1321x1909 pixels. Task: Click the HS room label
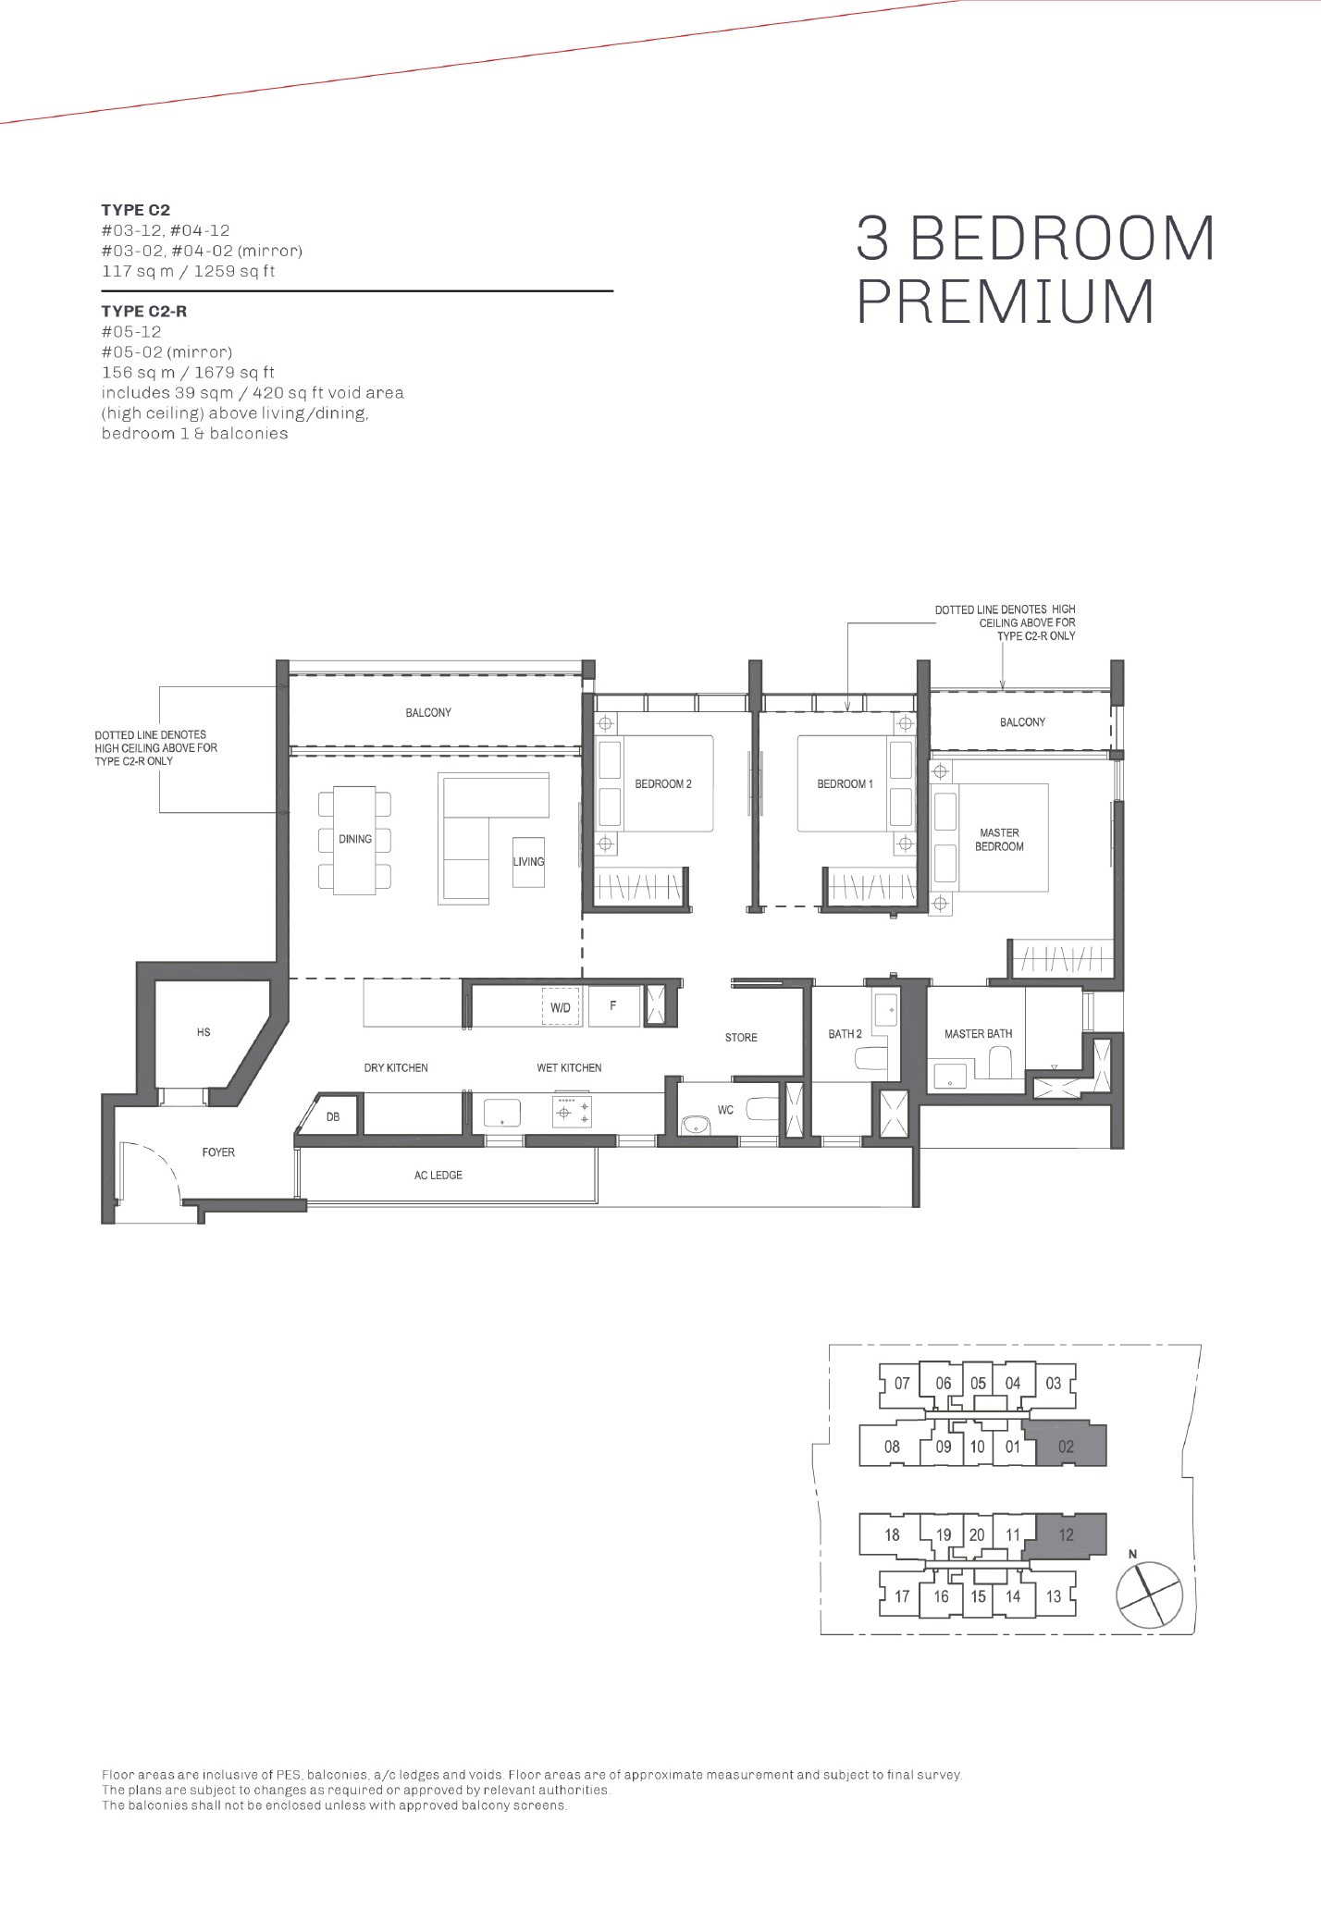click(204, 1032)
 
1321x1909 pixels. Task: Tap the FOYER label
click(218, 1152)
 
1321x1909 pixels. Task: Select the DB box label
click(333, 1117)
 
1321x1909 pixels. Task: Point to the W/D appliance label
click(561, 1008)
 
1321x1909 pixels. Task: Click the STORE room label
click(741, 1038)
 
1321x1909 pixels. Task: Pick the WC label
click(725, 1110)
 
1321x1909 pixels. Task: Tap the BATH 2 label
click(845, 1034)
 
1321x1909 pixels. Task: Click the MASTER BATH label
click(978, 1034)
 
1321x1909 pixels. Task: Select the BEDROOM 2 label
click(663, 784)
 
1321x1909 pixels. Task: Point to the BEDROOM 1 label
click(845, 784)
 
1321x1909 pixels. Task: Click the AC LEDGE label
click(438, 1176)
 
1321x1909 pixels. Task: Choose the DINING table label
click(355, 840)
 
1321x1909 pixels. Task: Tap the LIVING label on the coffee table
click(529, 862)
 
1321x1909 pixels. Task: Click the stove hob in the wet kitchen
click(572, 1111)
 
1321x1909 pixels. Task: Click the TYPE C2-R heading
click(144, 312)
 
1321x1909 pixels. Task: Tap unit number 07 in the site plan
click(902, 1384)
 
